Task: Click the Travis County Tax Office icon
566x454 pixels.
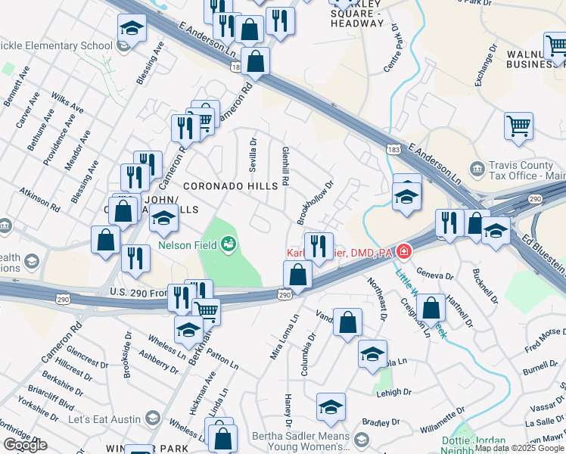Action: click(x=477, y=168)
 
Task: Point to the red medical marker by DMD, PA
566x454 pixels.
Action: click(x=405, y=251)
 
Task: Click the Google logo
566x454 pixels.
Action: click(x=25, y=445)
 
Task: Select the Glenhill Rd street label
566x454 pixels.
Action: click(x=286, y=167)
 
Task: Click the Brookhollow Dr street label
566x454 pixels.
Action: click(x=316, y=202)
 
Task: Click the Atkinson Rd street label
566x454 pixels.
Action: click(x=39, y=199)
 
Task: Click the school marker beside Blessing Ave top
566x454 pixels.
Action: click(x=132, y=30)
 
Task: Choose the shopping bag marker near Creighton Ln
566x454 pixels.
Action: click(x=431, y=308)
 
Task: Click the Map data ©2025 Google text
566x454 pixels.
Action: click(x=519, y=448)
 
